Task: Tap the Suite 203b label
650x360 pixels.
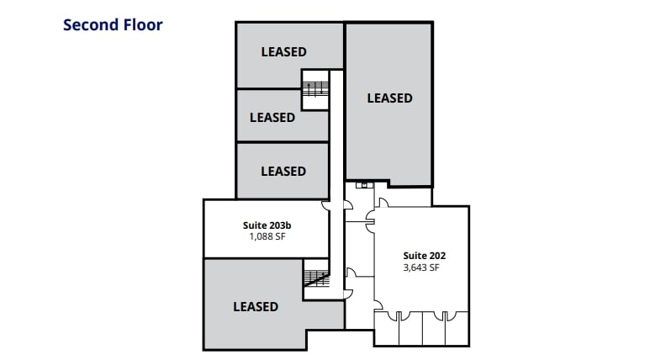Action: point(267,225)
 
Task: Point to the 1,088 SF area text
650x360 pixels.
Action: point(267,237)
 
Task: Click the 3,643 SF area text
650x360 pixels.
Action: point(421,268)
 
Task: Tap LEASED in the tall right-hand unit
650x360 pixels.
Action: point(389,98)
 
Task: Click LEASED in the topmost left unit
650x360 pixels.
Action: point(283,52)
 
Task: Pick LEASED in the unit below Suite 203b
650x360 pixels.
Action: point(255,307)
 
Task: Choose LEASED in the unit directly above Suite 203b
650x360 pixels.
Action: point(283,172)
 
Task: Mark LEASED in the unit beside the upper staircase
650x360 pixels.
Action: point(272,118)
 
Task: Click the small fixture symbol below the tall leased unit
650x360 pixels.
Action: point(362,183)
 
